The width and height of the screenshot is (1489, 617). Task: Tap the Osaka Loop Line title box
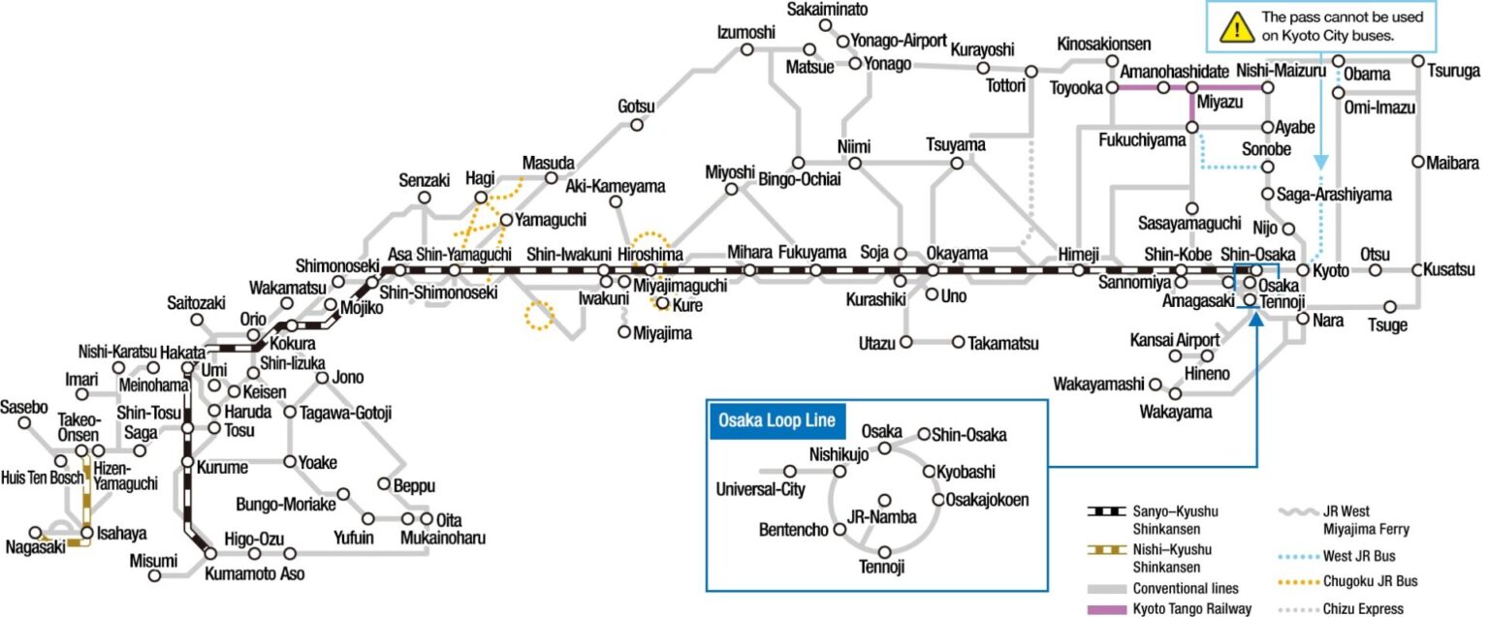(777, 421)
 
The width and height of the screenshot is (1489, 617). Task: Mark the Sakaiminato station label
(827, 10)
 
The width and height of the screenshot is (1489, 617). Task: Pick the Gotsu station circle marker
(637, 125)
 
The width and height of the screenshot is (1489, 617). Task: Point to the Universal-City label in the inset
(760, 489)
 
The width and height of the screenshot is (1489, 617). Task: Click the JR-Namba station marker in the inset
(883, 500)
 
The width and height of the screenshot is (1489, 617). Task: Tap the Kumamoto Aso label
(254, 573)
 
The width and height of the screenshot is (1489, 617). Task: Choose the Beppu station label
(414, 485)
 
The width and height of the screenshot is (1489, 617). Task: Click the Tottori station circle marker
(1031, 71)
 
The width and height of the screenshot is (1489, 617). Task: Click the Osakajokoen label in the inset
(989, 500)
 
